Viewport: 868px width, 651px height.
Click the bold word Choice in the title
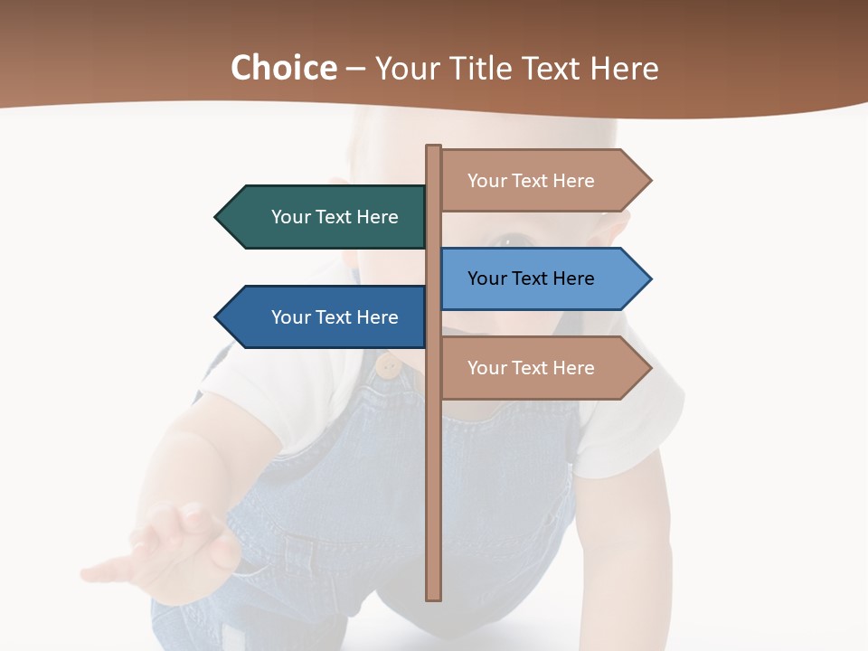click(283, 69)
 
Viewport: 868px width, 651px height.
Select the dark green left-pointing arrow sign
click(325, 217)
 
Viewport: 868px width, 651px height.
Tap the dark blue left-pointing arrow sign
click(325, 317)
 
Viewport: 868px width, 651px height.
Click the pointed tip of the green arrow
click(217, 217)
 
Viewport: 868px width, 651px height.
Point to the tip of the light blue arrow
click(649, 278)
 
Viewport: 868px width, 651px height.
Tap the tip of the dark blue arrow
click(217, 317)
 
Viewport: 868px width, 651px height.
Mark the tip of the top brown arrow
click(649, 181)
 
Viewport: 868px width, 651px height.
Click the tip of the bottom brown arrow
click(649, 368)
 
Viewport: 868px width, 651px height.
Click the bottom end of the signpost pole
click(434, 597)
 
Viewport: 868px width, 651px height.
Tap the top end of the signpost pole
click(434, 147)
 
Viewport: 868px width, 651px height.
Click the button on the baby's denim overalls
click(390, 365)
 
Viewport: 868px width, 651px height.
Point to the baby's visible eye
click(514, 241)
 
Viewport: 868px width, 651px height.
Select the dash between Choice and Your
click(355, 69)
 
